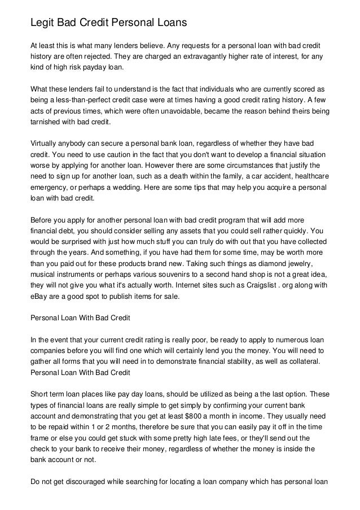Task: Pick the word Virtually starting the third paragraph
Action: [47, 143]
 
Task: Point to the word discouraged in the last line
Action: [78, 472]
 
